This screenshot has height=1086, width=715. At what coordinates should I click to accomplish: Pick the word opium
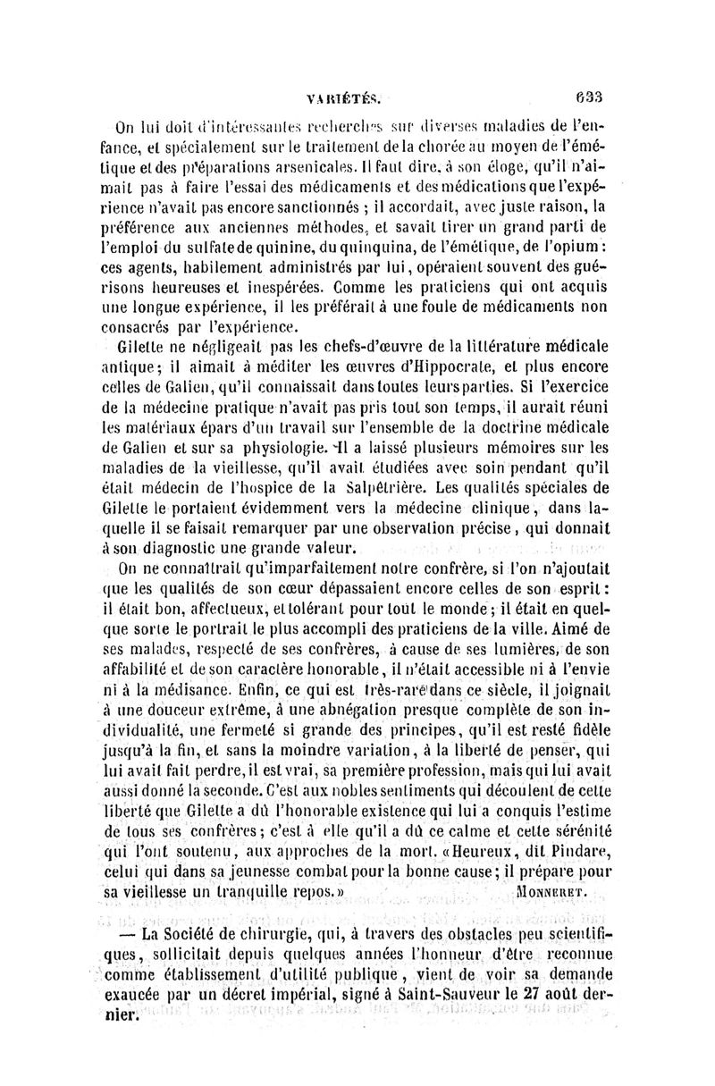tap(557, 245)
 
